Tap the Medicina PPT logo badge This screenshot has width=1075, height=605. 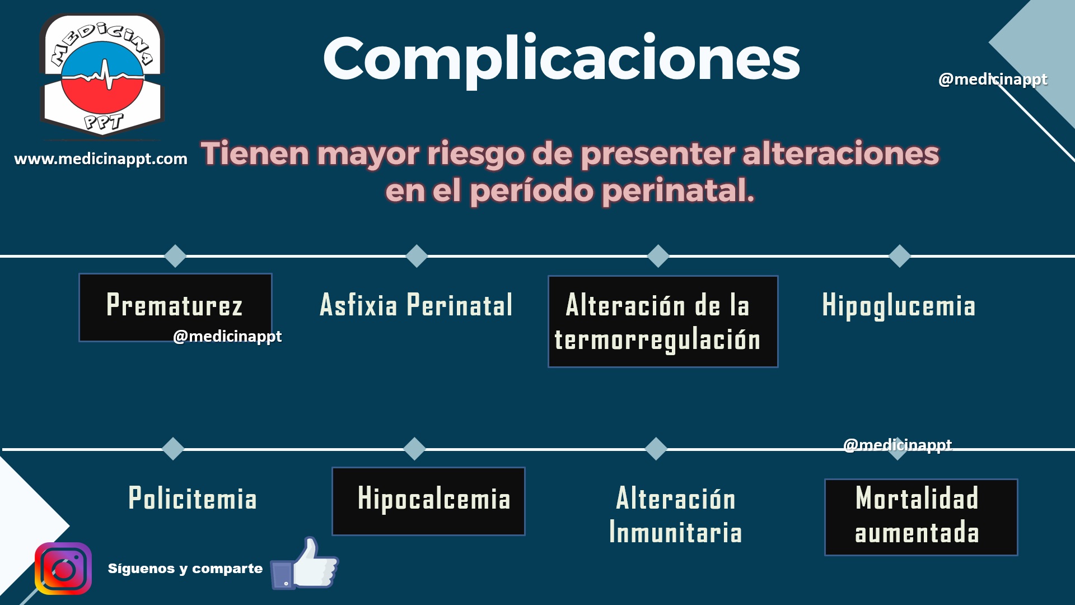click(102, 76)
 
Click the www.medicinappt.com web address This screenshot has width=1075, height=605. click(101, 159)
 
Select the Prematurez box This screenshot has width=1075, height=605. click(175, 307)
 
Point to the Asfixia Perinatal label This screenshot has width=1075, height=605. click(416, 305)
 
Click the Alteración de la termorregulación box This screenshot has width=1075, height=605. click(663, 322)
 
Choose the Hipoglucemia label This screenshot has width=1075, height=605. click(899, 306)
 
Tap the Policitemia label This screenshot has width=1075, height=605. click(193, 499)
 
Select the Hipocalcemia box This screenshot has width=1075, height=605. click(428, 501)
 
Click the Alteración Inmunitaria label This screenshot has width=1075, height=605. click(676, 515)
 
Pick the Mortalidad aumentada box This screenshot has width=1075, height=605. click(921, 517)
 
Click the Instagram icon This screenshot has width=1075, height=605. click(63, 569)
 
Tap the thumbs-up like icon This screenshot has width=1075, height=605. click(305, 564)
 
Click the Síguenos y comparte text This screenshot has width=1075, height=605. click(185, 569)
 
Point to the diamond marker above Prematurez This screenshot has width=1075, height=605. click(175, 256)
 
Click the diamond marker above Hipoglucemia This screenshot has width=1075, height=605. click(900, 256)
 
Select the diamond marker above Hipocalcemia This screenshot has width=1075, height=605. click(414, 449)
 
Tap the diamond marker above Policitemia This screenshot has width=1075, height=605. click(173, 449)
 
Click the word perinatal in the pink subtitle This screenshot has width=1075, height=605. click(678, 190)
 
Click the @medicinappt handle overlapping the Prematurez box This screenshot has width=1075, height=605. click(227, 337)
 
